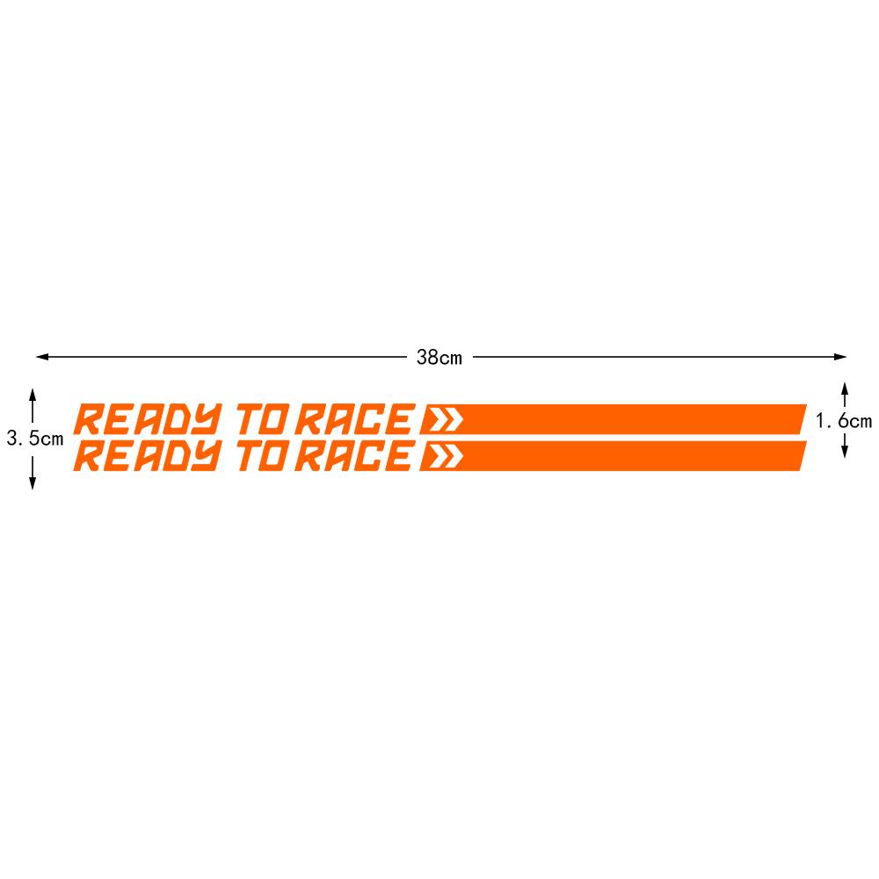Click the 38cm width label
(439, 357)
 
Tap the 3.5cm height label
(35, 438)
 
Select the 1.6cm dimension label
(843, 421)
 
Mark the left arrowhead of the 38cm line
(40, 357)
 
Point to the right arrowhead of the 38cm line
(841, 357)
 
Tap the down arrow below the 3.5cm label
(33, 483)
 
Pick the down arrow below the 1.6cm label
(844, 451)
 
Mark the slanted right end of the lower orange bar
(800, 457)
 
